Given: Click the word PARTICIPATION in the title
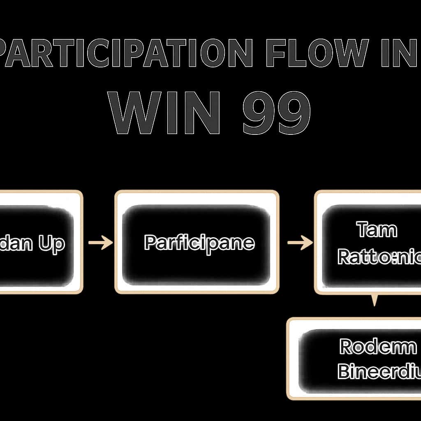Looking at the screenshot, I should [x=125, y=54].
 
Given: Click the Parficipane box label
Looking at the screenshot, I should [x=199, y=243].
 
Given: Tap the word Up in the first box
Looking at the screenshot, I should [x=51, y=244].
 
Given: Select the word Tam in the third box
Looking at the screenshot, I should [x=377, y=230].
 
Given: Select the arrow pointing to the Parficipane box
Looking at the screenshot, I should [x=100, y=243].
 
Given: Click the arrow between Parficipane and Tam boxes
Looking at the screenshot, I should [x=300, y=243].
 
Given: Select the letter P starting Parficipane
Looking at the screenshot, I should [x=151, y=243].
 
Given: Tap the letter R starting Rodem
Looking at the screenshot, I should [x=347, y=348].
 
